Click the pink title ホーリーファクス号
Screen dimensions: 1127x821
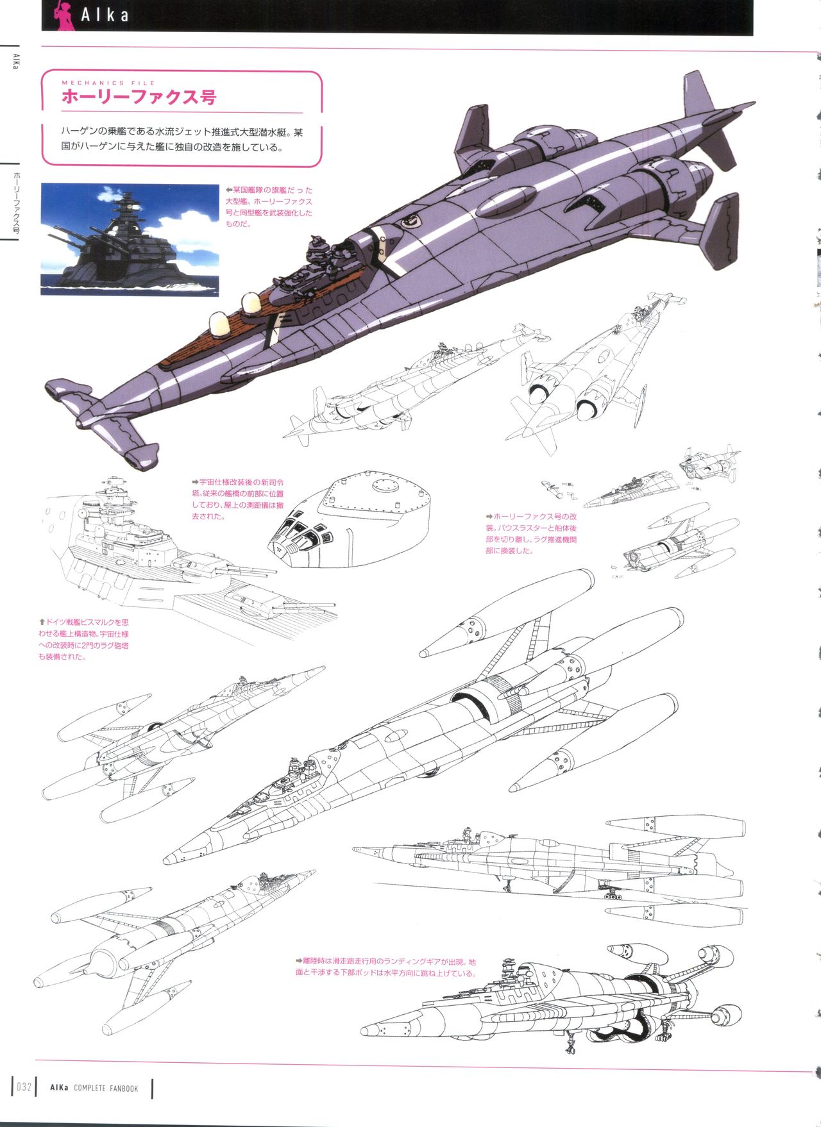[x=139, y=97]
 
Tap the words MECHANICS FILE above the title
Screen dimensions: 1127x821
[x=108, y=83]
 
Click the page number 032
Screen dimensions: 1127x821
[x=24, y=1087]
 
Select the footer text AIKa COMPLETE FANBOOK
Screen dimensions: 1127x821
[x=94, y=1088]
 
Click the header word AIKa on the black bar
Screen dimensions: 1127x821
[x=105, y=15]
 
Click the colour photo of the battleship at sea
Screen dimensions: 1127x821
[x=130, y=239]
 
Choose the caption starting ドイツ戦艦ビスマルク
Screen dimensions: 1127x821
[x=84, y=639]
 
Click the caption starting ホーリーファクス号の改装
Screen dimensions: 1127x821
[x=531, y=533]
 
